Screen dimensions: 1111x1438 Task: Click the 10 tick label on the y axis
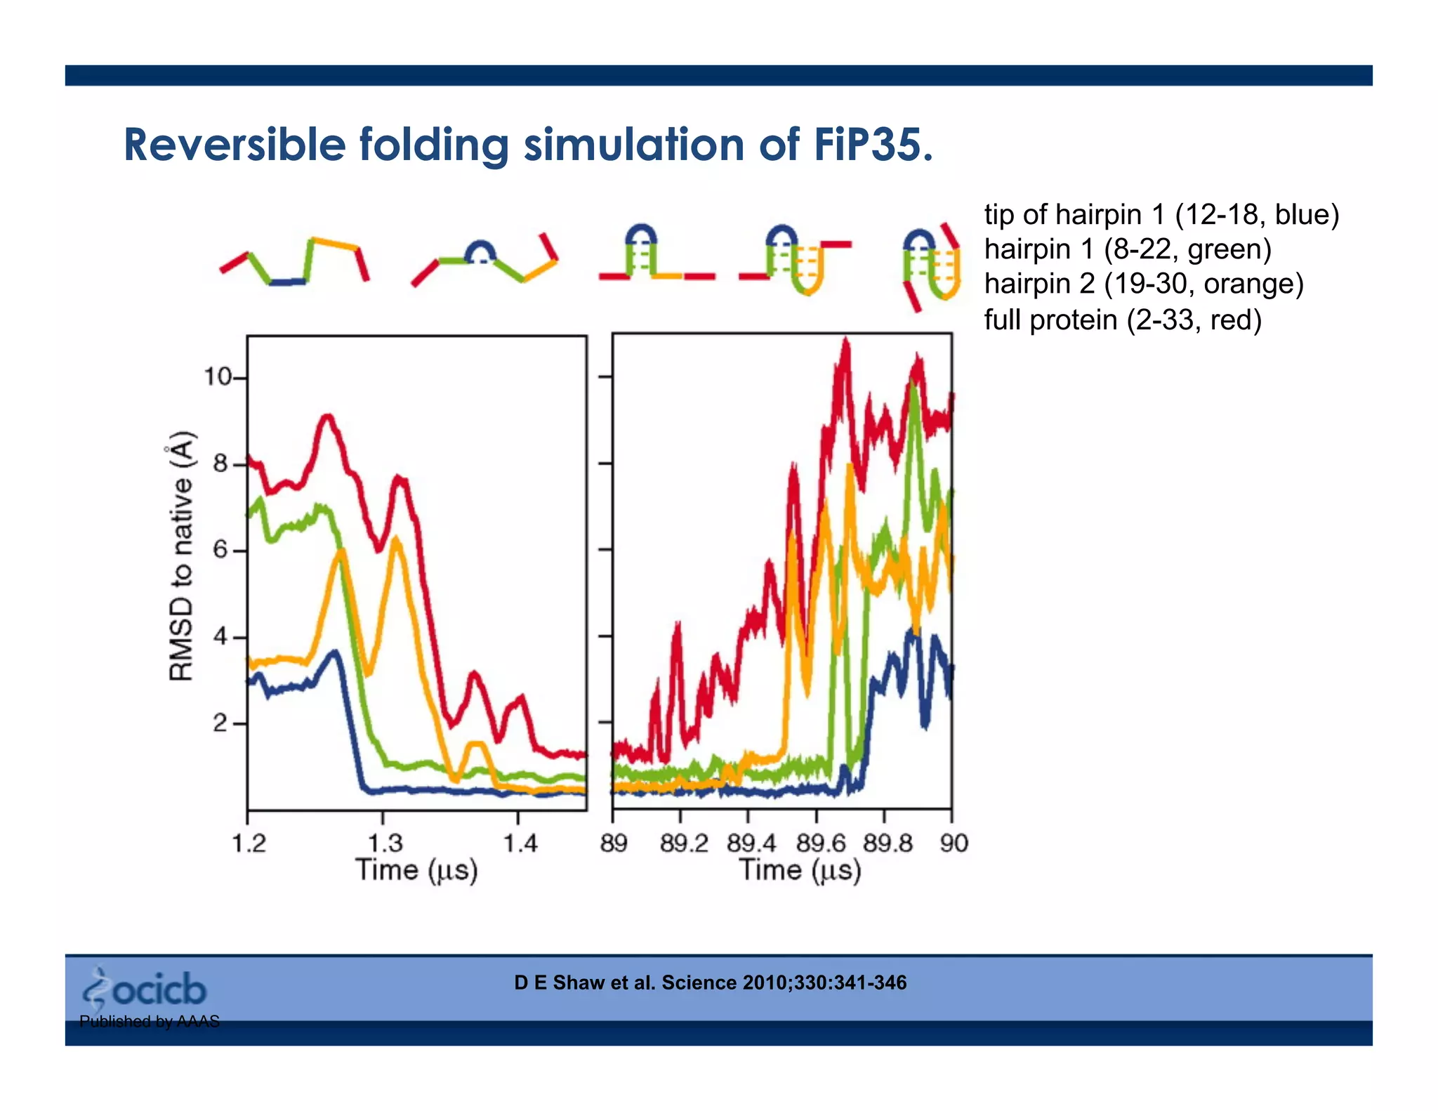(217, 377)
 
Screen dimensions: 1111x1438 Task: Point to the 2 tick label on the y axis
(220, 723)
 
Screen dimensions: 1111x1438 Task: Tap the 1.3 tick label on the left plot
(385, 842)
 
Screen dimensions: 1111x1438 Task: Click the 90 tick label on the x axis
(954, 842)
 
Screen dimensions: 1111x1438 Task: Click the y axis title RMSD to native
(181, 555)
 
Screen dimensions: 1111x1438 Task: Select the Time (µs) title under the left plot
(416, 871)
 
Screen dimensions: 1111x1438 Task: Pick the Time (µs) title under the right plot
(800, 871)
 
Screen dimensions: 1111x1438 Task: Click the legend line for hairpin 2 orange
(1143, 284)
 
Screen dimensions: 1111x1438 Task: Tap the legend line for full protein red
(1122, 320)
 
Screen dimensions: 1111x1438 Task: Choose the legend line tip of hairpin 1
(1161, 214)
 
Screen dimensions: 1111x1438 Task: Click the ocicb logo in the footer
(145, 989)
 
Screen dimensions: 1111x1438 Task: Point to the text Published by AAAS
(149, 1021)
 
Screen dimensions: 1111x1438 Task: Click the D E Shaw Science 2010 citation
(710, 982)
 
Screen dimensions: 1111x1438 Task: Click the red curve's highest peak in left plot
(327, 417)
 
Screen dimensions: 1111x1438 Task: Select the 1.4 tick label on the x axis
(520, 842)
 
